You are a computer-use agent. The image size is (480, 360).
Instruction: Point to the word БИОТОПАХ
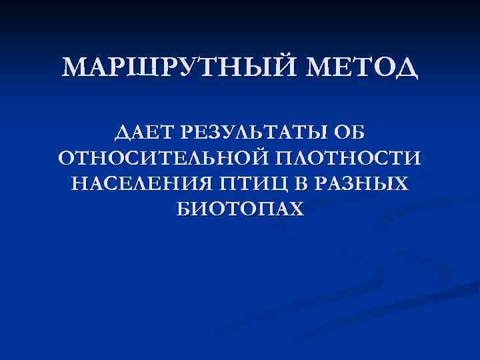[240, 209]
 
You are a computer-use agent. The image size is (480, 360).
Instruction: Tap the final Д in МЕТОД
[404, 69]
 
